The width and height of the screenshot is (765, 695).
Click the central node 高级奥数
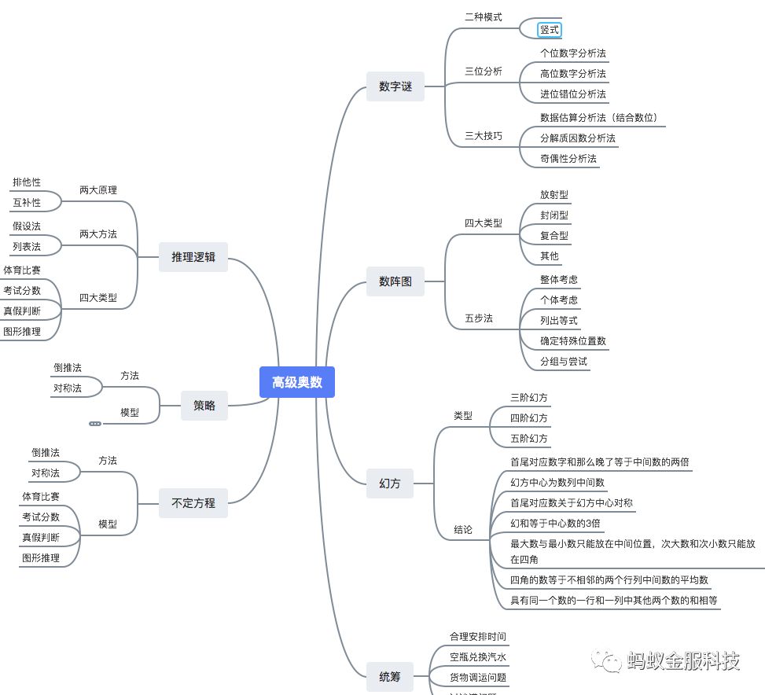(297, 382)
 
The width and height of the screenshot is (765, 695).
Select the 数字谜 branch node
(395, 86)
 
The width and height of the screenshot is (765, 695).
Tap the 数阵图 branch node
(395, 281)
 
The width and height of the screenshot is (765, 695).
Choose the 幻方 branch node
(390, 484)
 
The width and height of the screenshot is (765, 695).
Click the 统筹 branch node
(390, 676)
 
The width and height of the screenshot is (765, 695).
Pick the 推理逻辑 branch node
(193, 256)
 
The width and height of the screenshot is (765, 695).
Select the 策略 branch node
(204, 406)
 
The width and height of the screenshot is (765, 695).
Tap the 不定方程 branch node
(193, 502)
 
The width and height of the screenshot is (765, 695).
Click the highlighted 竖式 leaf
(550, 30)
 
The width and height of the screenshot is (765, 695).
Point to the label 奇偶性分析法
(568, 158)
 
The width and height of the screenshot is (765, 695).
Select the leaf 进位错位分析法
(573, 94)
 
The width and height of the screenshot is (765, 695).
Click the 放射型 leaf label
(554, 194)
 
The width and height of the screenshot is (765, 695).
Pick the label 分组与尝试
(564, 362)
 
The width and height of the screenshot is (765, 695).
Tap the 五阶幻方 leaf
(529, 438)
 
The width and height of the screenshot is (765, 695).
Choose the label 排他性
(27, 182)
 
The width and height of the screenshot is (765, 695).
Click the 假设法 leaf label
(27, 226)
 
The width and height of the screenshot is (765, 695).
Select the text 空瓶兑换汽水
(478, 656)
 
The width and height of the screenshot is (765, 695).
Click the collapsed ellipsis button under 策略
(95, 424)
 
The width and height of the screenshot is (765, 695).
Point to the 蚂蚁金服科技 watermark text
(683, 661)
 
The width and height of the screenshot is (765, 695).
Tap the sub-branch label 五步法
(479, 318)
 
